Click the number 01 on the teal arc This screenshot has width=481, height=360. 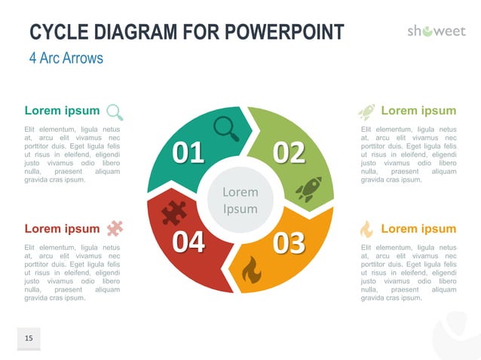(x=188, y=153)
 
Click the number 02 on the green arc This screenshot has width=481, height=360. (x=289, y=153)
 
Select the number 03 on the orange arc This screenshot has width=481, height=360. (x=289, y=243)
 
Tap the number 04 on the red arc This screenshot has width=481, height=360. (x=188, y=243)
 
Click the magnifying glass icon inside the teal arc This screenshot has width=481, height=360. (x=226, y=127)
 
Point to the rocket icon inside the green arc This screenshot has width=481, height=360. (x=309, y=189)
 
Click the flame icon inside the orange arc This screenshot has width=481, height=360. (x=251, y=269)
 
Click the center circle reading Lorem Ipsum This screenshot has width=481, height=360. (x=240, y=200)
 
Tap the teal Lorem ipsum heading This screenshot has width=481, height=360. (x=62, y=111)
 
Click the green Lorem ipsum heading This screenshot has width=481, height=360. (x=418, y=111)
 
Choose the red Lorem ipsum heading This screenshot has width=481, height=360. (x=62, y=228)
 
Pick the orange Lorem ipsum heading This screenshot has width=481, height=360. (x=418, y=228)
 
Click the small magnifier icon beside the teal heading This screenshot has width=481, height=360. (x=115, y=112)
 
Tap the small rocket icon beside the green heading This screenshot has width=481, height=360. (x=366, y=112)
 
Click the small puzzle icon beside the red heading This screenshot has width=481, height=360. (x=115, y=227)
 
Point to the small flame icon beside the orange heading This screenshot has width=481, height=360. (x=366, y=228)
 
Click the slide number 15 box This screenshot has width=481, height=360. (x=29, y=339)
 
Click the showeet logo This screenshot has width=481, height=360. (x=437, y=32)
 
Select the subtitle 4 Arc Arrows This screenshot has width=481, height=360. (x=66, y=58)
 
